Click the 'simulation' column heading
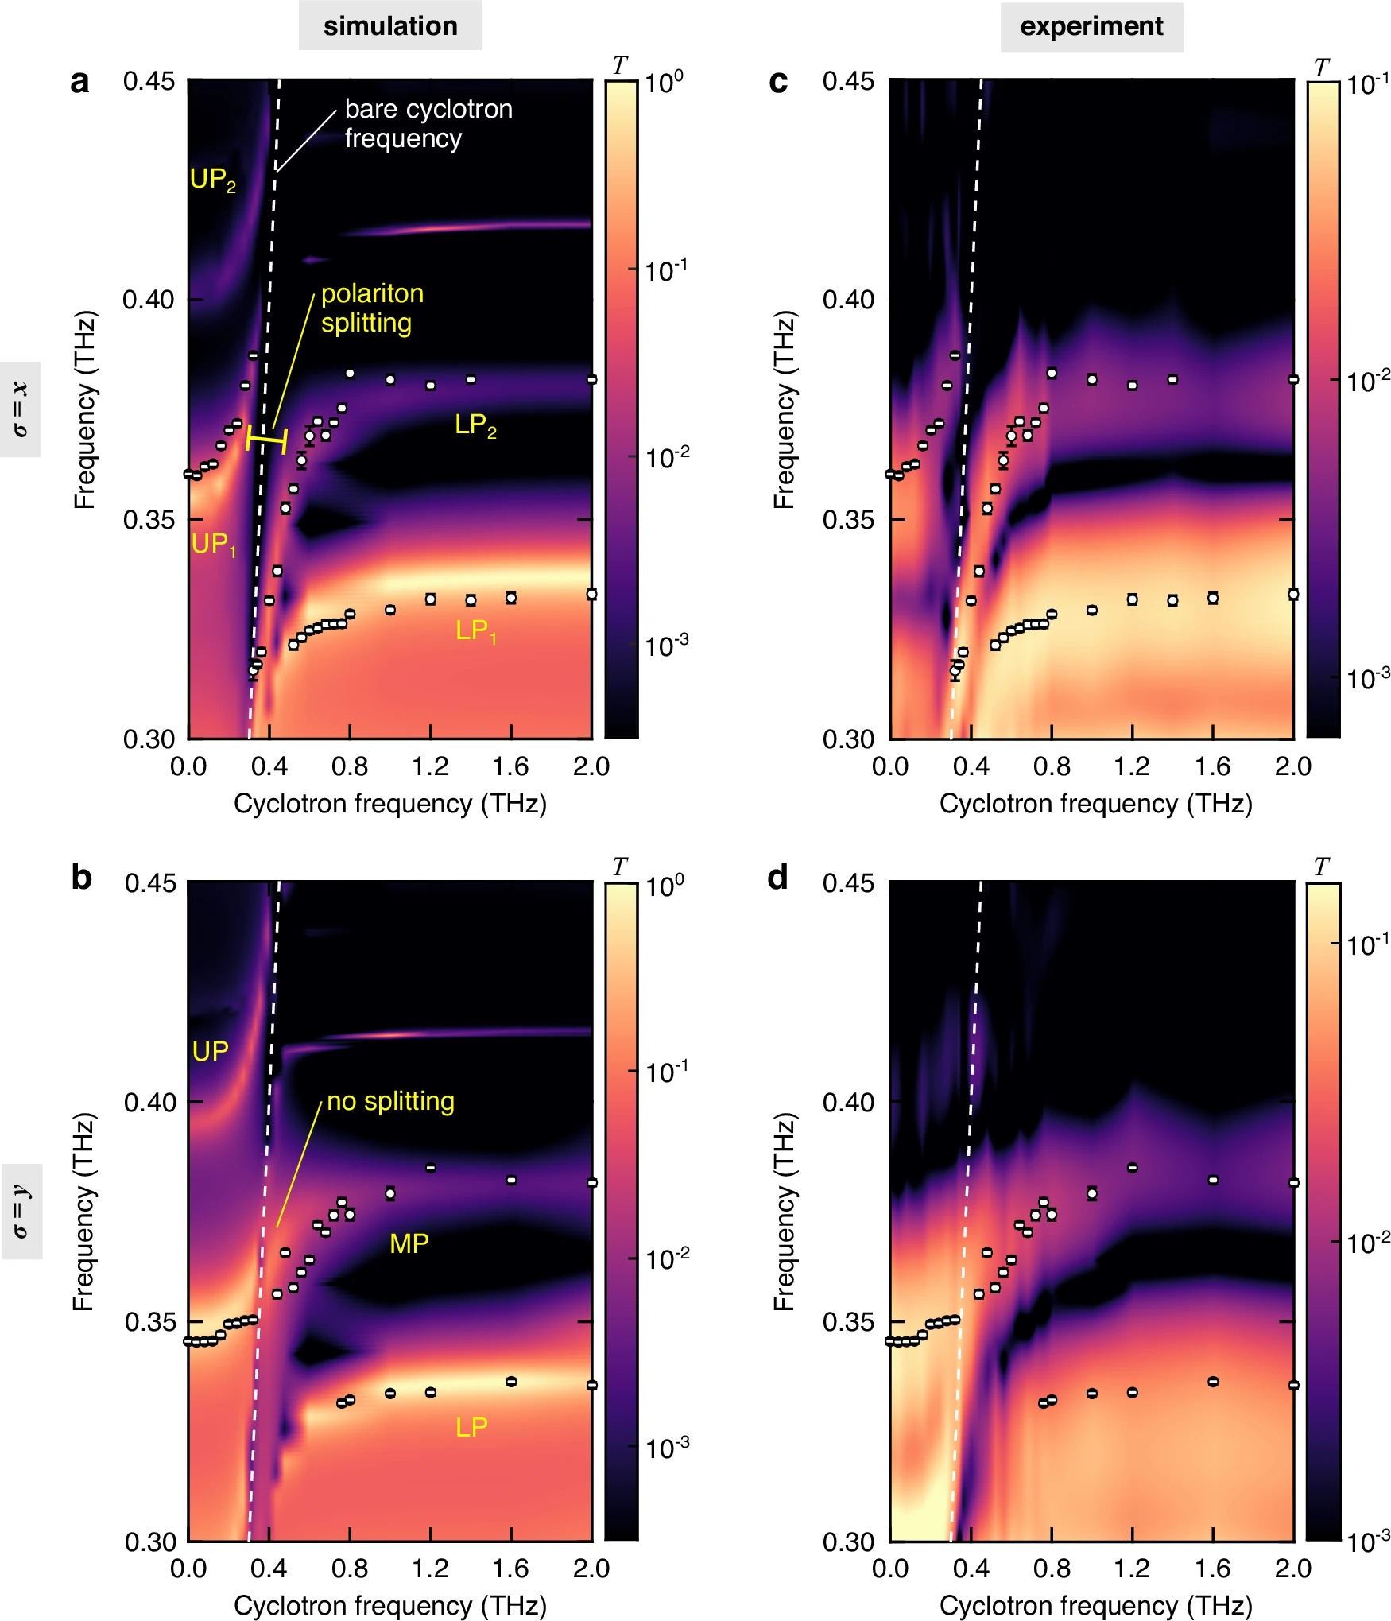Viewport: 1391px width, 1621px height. (x=389, y=26)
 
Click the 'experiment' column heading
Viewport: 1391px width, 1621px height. (x=1091, y=26)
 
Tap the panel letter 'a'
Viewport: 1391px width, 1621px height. (x=79, y=82)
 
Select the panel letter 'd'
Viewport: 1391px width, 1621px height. (x=777, y=878)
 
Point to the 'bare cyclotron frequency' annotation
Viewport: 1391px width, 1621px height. (x=428, y=123)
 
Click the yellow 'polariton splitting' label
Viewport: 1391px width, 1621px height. (x=371, y=308)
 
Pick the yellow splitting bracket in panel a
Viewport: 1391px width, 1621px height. (x=266, y=440)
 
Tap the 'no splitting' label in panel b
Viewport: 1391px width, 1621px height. (x=390, y=1101)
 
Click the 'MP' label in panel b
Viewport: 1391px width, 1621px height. (x=409, y=1243)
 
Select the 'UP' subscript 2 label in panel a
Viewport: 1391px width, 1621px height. (x=212, y=180)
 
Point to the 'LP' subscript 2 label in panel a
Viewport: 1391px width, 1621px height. (x=475, y=425)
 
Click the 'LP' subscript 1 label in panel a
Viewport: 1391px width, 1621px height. (x=475, y=631)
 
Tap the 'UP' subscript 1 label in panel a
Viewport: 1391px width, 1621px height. (x=214, y=545)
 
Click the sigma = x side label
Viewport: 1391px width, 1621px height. (x=21, y=409)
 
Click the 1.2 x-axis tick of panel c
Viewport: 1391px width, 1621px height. (x=1132, y=766)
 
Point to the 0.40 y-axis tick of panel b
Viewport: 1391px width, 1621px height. (x=149, y=1103)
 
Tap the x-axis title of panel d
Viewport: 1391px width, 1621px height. (x=1095, y=1605)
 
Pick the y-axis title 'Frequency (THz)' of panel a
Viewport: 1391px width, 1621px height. (x=85, y=409)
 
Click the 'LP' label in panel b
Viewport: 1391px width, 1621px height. (x=471, y=1428)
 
